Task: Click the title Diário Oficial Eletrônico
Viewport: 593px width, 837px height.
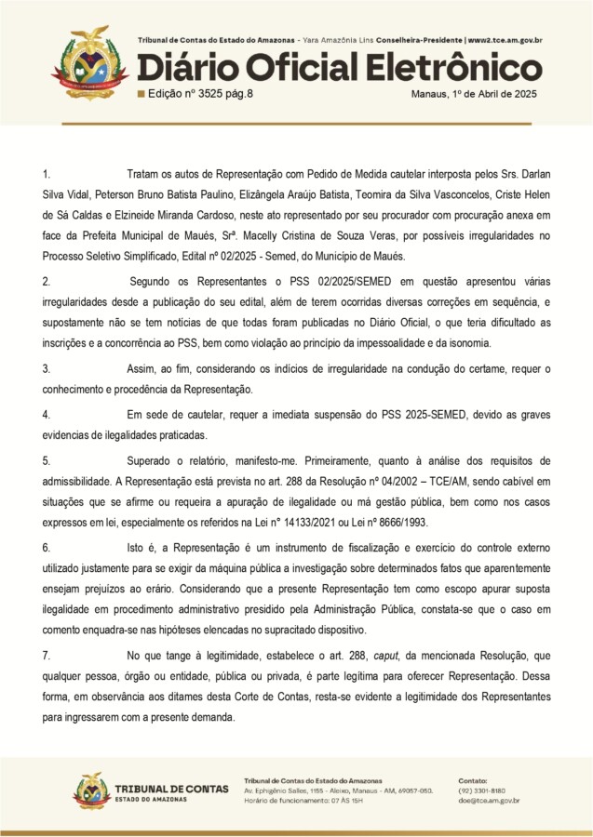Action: click(x=339, y=67)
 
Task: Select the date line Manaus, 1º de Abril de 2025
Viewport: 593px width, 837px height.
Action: click(x=476, y=94)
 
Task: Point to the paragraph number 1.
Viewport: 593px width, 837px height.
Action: click(x=47, y=174)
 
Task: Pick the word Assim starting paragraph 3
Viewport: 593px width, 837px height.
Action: click(x=143, y=369)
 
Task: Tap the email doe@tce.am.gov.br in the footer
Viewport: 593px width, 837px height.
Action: click(x=489, y=800)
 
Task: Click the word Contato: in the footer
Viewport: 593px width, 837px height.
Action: click(x=475, y=779)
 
